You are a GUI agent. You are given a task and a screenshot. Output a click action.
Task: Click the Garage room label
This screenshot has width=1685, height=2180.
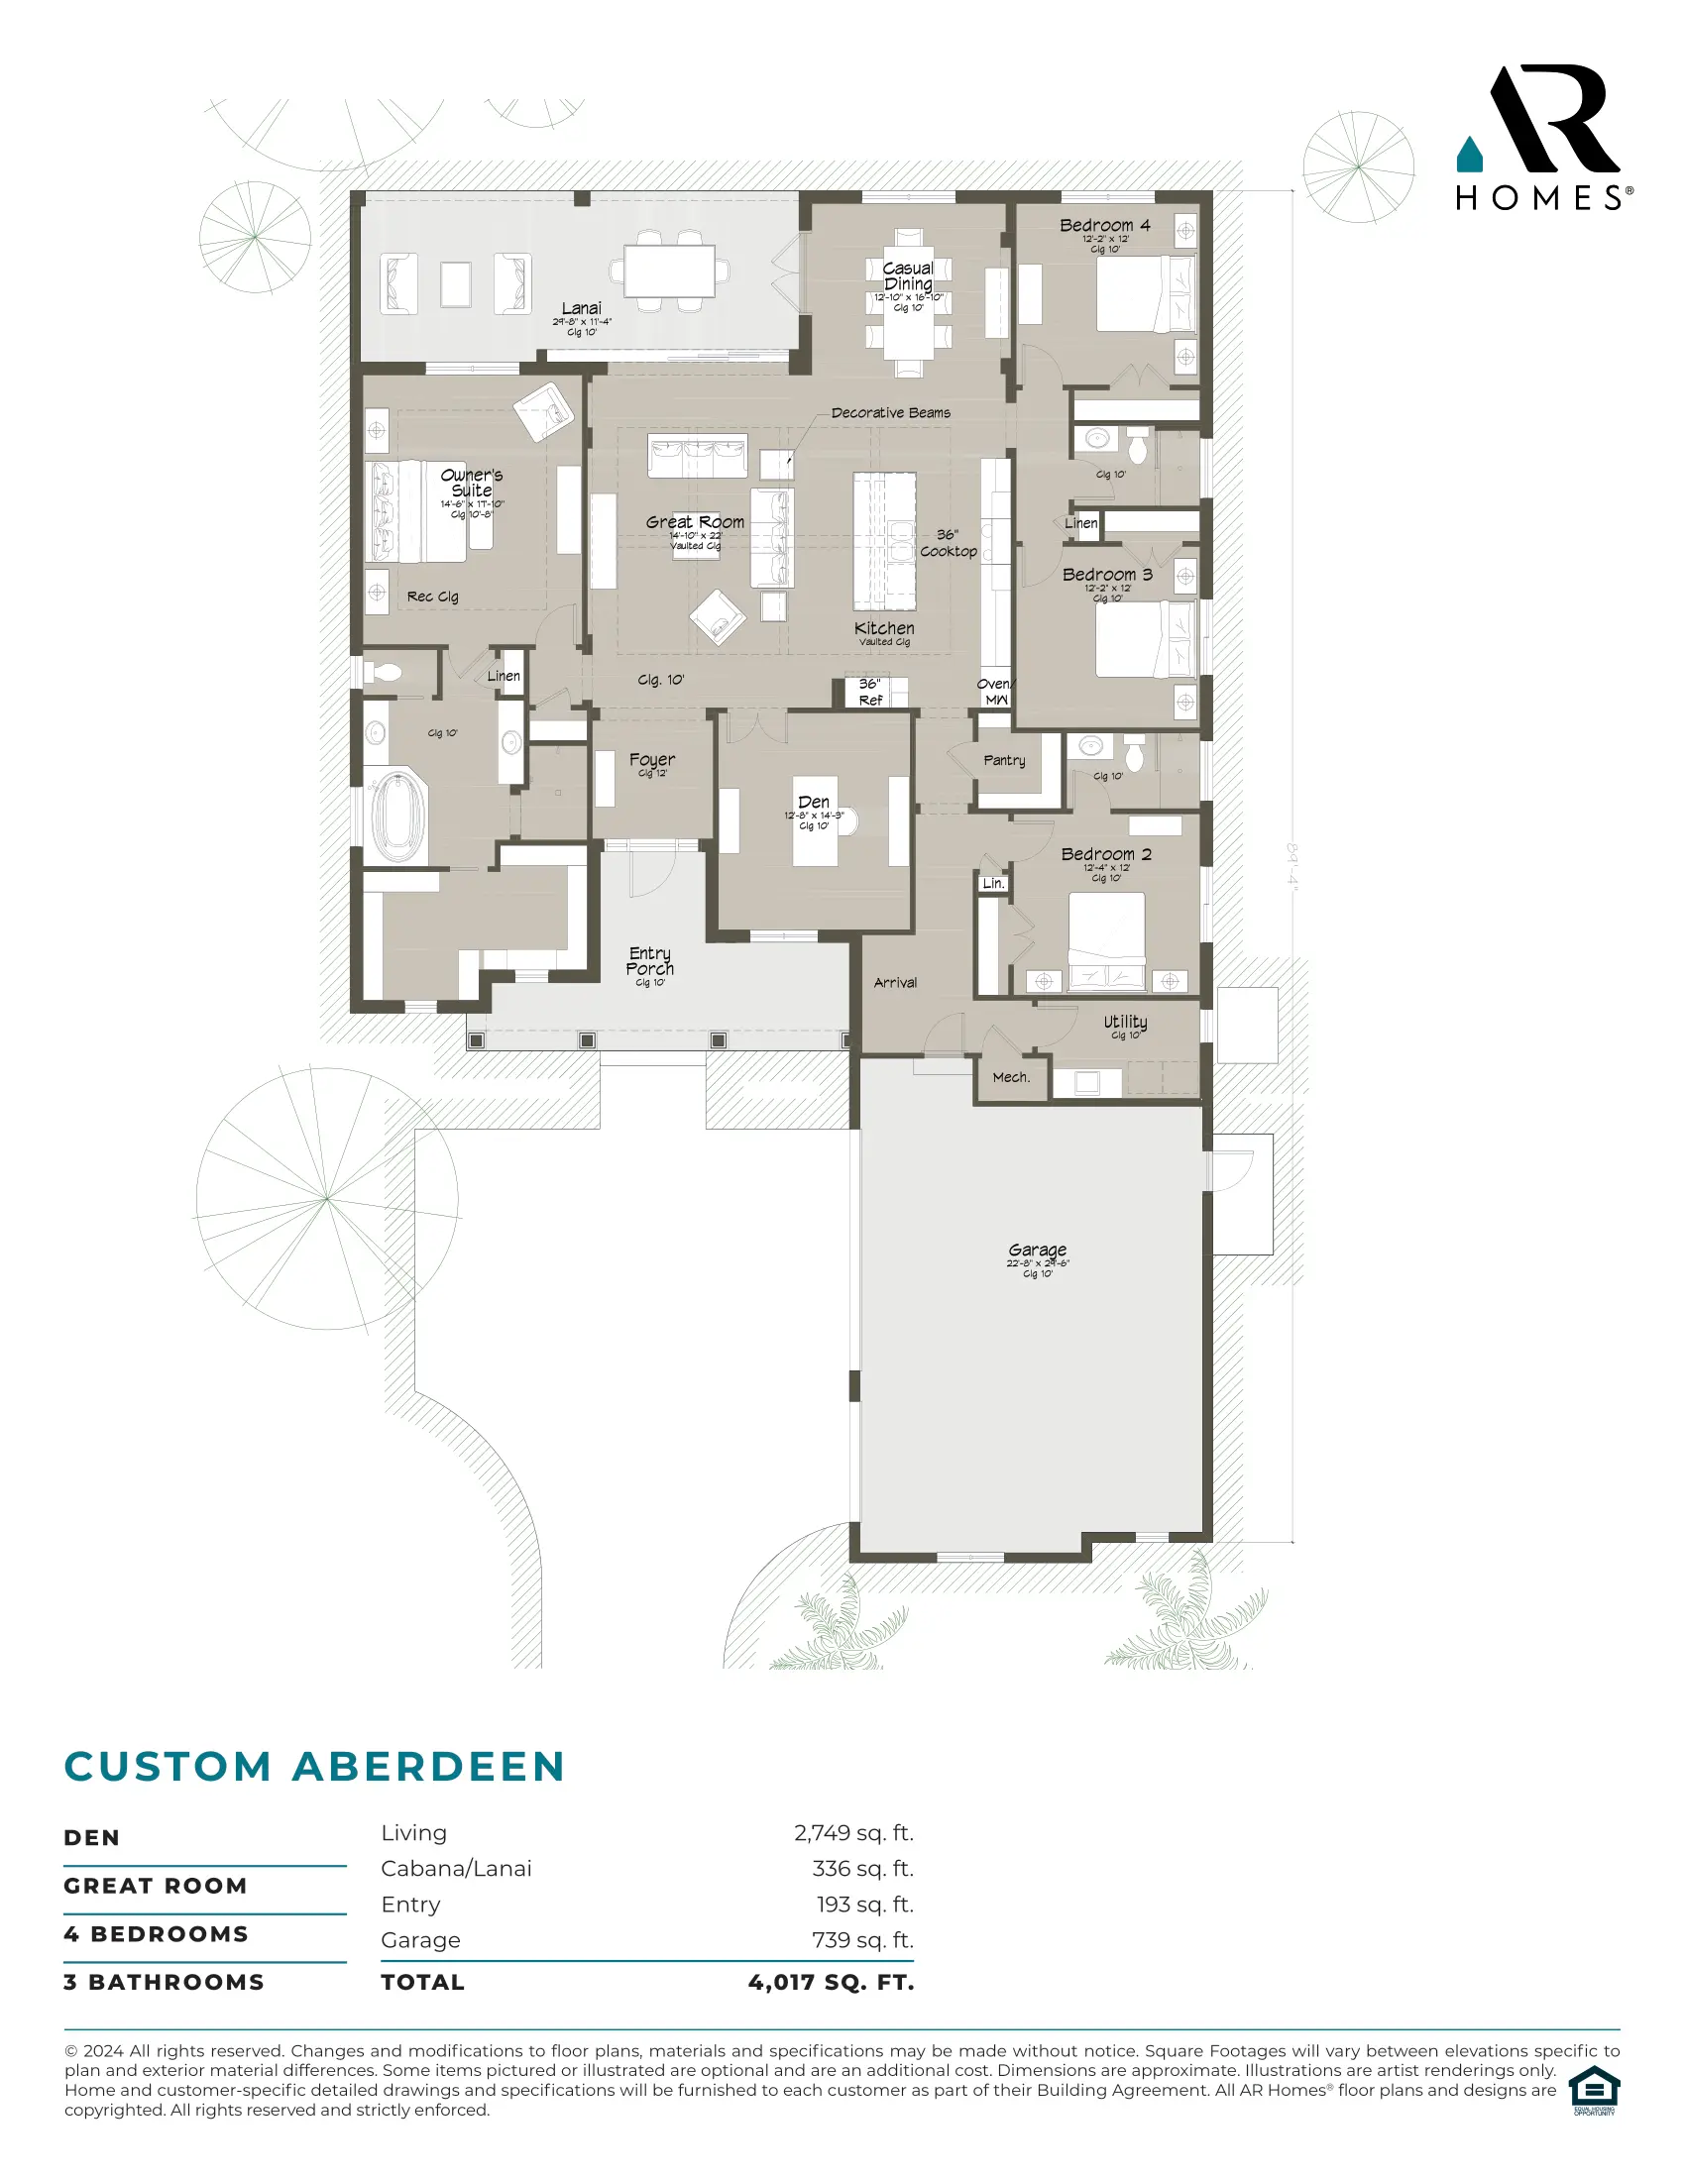pos(1037,1250)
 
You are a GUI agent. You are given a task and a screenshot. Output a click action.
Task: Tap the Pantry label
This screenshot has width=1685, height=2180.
pos(1004,761)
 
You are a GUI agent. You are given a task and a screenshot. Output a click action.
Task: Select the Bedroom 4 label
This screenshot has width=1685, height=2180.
pos(1104,226)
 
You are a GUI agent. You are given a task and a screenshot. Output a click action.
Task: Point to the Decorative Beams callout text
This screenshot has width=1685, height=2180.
pos(890,413)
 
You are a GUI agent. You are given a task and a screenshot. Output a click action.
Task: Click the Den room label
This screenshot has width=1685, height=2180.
pos(814,803)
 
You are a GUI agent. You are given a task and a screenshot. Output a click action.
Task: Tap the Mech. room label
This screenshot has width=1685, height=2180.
pos(1010,1078)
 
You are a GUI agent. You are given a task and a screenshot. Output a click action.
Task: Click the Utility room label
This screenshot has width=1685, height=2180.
pos(1125,1023)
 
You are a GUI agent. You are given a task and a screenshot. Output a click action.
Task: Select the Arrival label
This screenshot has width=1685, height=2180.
pos(894,983)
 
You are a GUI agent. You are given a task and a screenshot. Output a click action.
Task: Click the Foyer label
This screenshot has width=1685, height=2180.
pos(652,761)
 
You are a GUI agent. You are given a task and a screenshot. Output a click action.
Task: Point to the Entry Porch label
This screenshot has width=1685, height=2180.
pos(650,961)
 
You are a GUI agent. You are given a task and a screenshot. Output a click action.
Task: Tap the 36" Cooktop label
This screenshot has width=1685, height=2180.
pos(949,543)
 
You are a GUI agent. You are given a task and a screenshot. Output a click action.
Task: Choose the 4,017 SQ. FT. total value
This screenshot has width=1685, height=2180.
pos(831,1983)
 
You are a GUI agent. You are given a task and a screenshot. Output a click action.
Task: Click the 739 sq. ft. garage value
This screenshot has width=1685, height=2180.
pos(862,1940)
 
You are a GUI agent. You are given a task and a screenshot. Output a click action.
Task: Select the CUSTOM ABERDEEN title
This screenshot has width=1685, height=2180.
pos(314,1767)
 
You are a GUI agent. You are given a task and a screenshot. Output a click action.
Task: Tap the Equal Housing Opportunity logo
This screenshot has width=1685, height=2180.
pos(1593,2091)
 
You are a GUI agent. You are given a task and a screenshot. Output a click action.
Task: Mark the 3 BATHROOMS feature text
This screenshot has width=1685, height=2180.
pos(164,1983)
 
